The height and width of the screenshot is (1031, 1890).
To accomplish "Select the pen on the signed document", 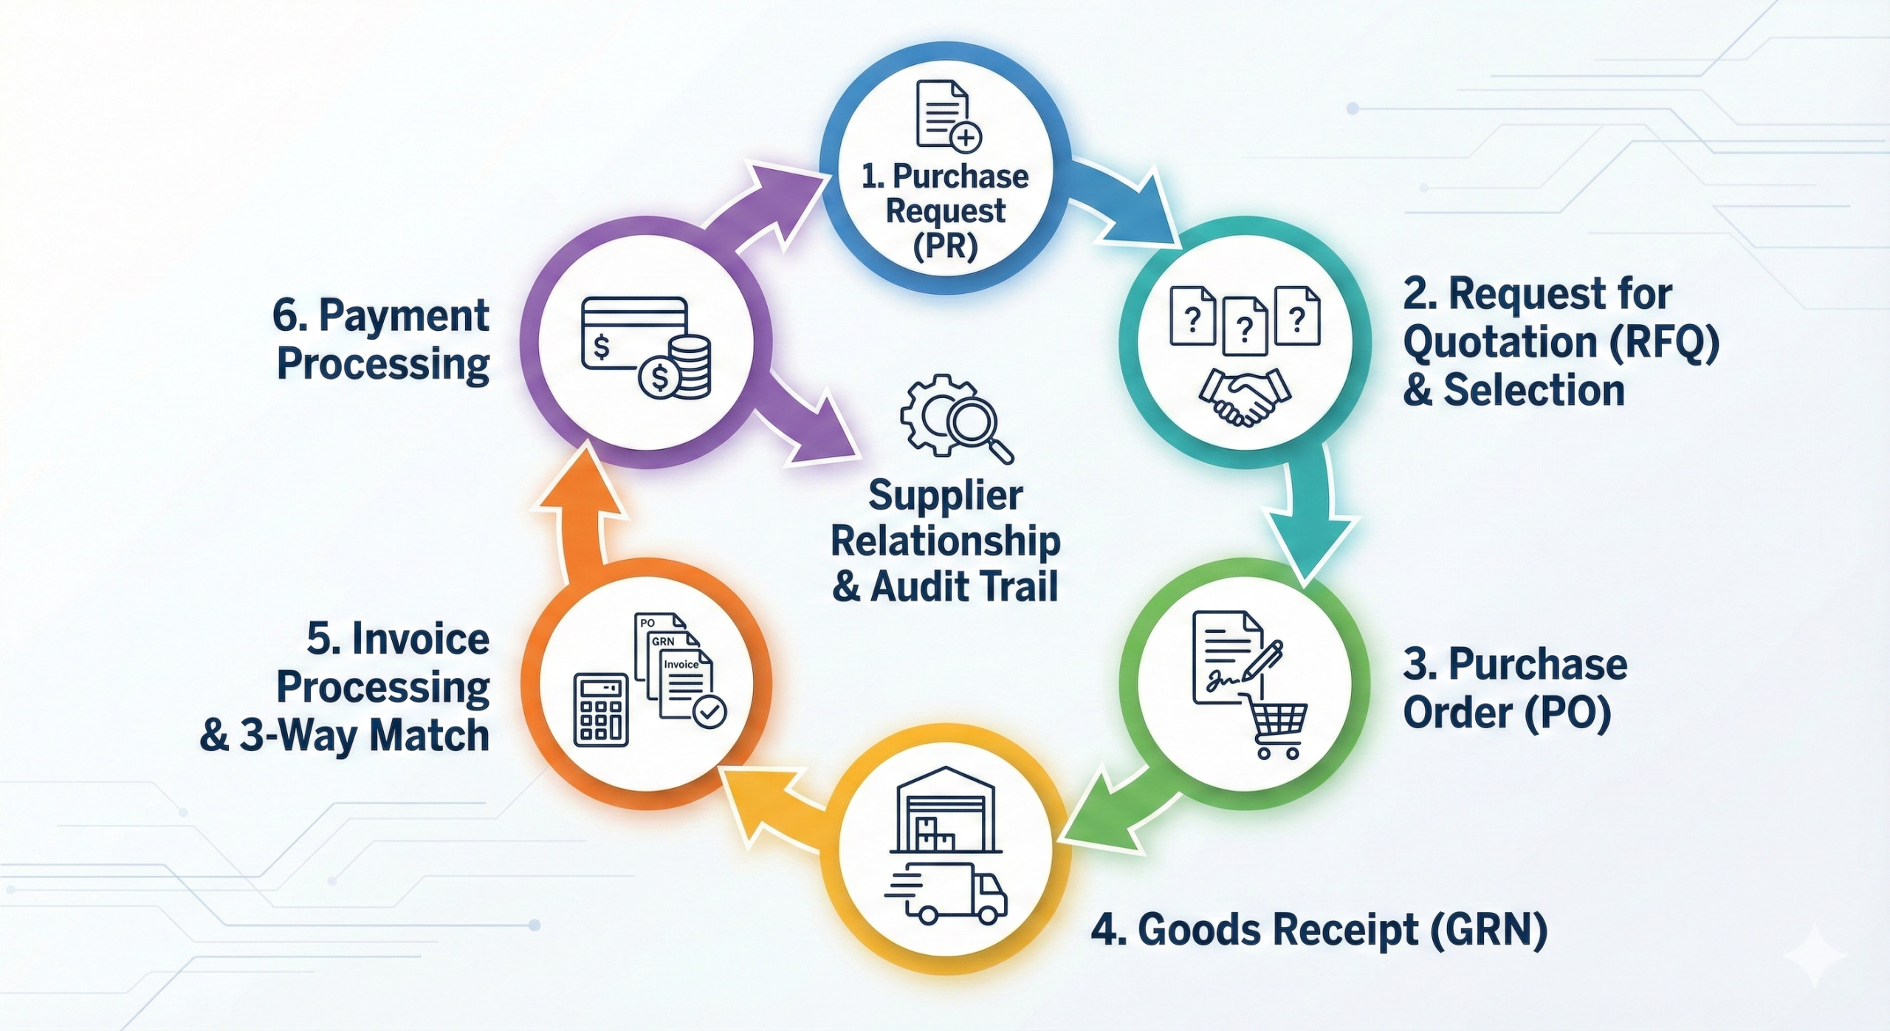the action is click(x=1262, y=660).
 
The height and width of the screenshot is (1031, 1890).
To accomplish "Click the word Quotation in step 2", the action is click(x=1501, y=343).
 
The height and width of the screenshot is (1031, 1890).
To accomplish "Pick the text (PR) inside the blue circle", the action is click(x=946, y=245).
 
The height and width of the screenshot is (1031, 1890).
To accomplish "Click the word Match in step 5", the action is click(x=430, y=736).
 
